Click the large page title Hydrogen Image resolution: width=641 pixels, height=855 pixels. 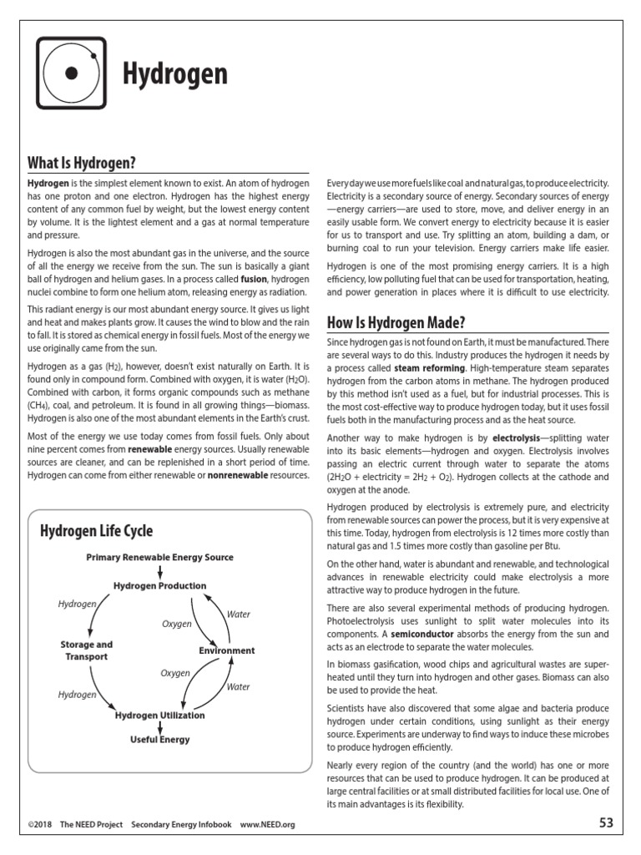175,74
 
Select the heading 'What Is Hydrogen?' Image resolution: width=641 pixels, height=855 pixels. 82,162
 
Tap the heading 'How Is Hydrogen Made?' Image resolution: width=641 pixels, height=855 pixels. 396,323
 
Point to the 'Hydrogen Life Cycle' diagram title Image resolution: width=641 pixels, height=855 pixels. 97,531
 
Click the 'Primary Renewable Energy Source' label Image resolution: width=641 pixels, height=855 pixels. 160,557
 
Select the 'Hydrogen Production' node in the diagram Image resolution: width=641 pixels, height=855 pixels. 160,585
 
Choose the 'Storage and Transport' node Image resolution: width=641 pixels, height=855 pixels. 86,650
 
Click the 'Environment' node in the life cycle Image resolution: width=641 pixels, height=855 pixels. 227,650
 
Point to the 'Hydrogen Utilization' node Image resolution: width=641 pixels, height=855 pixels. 160,716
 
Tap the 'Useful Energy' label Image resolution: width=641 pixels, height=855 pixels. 160,740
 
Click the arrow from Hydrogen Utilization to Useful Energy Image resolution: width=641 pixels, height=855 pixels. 160,727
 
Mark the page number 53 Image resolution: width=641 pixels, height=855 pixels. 606,822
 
